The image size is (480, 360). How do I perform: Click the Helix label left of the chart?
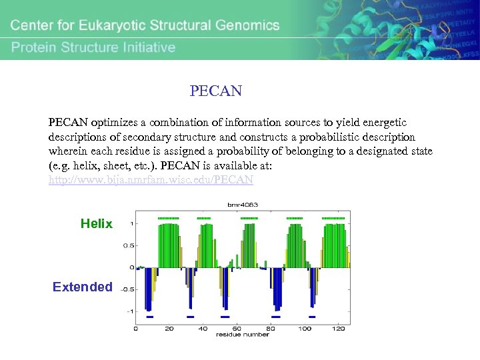pyautogui.click(x=97, y=224)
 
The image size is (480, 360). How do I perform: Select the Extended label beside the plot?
pyautogui.click(x=83, y=287)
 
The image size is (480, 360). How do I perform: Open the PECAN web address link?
pyautogui.click(x=151, y=180)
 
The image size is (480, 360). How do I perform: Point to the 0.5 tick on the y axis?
pyautogui.click(x=129, y=245)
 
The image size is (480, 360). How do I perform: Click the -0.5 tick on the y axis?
pyautogui.click(x=127, y=289)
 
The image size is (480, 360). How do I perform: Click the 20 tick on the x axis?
pyautogui.click(x=169, y=328)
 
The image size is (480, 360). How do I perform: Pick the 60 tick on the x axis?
pyautogui.click(x=237, y=328)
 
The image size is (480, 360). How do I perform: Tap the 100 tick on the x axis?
pyautogui.click(x=304, y=328)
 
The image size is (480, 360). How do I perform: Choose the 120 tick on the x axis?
pyautogui.click(x=338, y=328)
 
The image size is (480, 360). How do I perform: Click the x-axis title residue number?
pyautogui.click(x=243, y=335)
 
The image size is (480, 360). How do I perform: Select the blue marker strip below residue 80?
pyautogui.click(x=275, y=317)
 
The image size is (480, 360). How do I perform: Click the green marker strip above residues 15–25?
pyautogui.click(x=169, y=218)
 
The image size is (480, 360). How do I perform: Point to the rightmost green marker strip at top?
pyautogui.click(x=333, y=218)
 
